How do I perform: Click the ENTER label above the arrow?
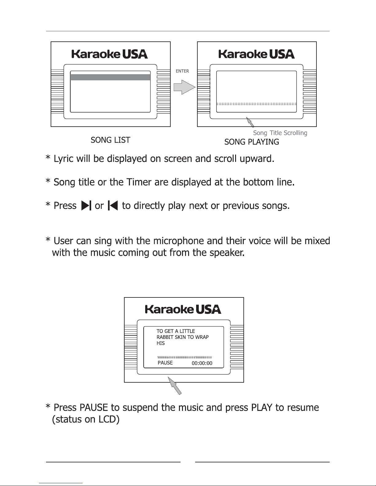[x=182, y=71]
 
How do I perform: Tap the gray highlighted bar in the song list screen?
[x=110, y=77]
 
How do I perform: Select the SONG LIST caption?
[x=110, y=140]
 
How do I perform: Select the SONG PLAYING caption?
[x=252, y=142]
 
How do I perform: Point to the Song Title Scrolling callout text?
[x=280, y=133]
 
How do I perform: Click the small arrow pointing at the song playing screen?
[x=250, y=122]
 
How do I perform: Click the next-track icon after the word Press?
[x=86, y=205]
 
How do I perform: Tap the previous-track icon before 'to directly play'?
[x=113, y=205]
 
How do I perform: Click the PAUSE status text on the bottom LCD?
[x=165, y=363]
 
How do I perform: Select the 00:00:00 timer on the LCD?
[x=202, y=363]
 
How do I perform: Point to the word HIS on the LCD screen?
[x=161, y=343]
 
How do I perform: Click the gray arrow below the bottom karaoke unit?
[x=175, y=385]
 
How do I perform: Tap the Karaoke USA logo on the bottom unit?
[x=183, y=309]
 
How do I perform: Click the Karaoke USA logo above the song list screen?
[x=110, y=54]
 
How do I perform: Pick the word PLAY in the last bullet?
[x=262, y=408]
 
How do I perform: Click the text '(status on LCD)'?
[x=86, y=419]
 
